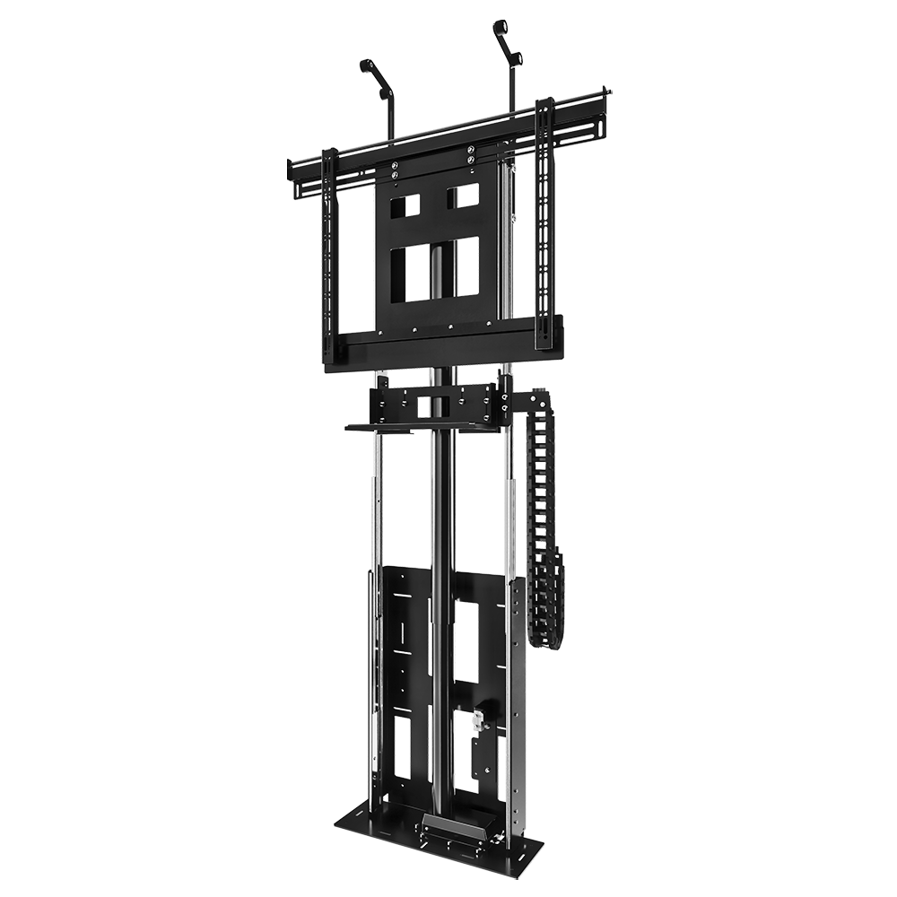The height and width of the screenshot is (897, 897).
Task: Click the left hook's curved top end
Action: coord(365,65)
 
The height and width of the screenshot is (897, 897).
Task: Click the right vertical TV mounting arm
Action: coord(544,224)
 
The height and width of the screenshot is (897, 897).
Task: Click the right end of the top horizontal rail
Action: coord(608,91)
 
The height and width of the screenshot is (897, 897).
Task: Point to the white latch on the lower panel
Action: coord(479,718)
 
